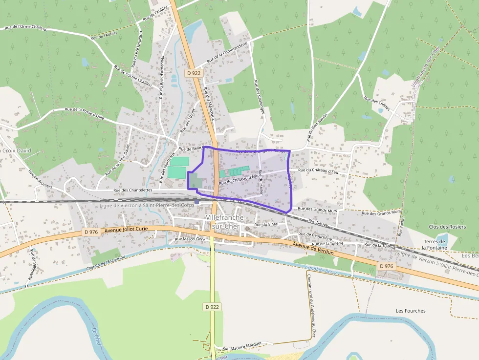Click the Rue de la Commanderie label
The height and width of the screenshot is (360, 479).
point(228,52)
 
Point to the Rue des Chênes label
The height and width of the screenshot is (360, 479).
point(377,104)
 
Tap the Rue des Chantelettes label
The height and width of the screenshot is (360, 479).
point(133,190)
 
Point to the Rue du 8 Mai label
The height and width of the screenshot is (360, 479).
point(266,224)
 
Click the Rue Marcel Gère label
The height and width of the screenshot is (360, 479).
point(190,239)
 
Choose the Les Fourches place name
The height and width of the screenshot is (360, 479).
point(411,311)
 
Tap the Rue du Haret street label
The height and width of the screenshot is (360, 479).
point(261,182)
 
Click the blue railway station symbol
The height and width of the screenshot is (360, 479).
point(196,201)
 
